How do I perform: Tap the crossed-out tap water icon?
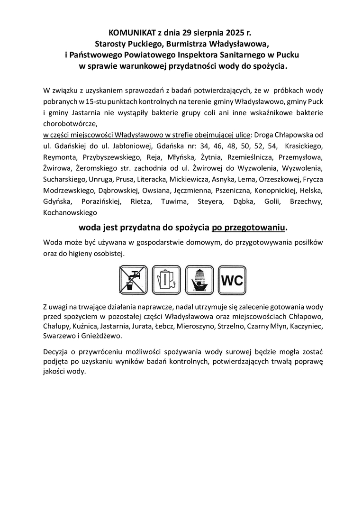(x=133, y=280)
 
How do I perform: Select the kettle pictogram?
(x=166, y=280)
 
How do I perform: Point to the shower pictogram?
(x=199, y=280)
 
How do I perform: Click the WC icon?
(x=232, y=280)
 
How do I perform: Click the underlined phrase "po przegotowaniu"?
(x=249, y=228)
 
